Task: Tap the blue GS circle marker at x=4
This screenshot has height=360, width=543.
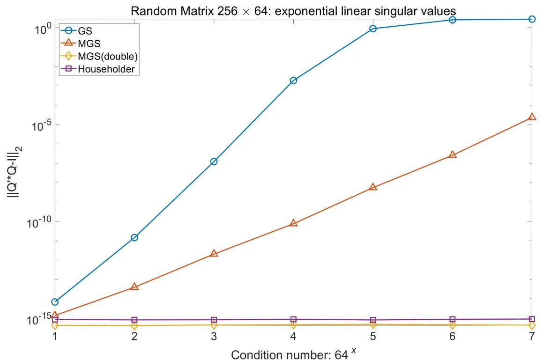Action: click(x=293, y=81)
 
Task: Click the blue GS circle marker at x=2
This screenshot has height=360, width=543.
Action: click(x=134, y=237)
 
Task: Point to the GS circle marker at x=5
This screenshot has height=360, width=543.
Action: click(x=373, y=29)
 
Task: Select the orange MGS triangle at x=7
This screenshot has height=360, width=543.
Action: click(x=532, y=117)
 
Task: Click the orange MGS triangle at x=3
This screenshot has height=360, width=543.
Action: click(x=214, y=253)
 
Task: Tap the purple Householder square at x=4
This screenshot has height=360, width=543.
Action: click(x=293, y=319)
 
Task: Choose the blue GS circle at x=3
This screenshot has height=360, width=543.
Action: click(x=214, y=162)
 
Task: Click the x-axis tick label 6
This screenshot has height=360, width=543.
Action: click(x=453, y=338)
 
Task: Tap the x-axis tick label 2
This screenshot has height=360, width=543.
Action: click(x=134, y=338)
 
